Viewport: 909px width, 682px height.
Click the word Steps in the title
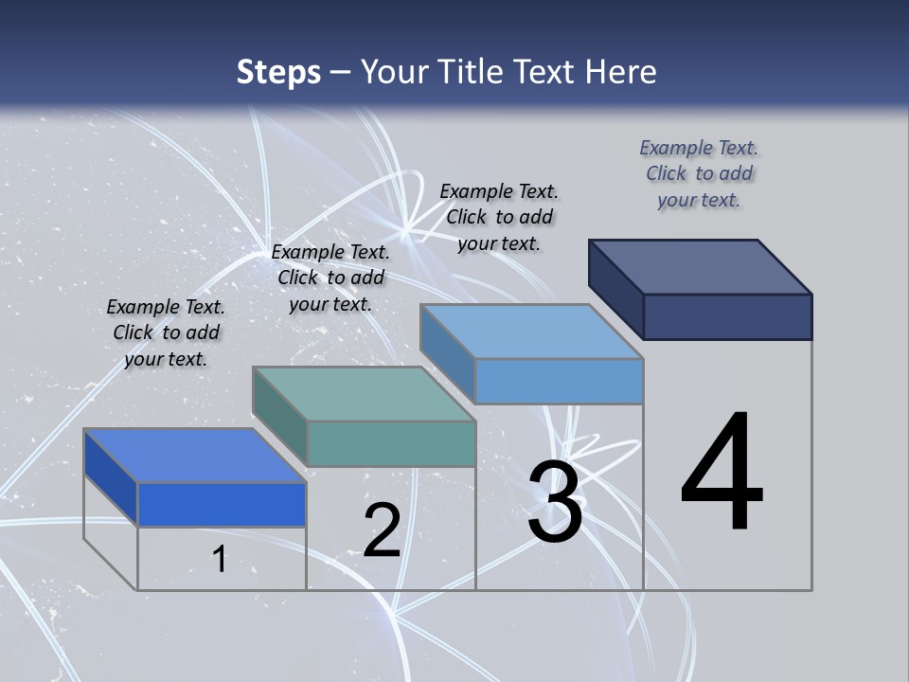pyautogui.click(x=278, y=72)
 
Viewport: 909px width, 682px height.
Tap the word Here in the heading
pyautogui.click(x=622, y=72)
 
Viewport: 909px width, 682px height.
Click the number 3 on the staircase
pyautogui.click(x=555, y=502)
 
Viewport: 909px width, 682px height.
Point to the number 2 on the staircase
pyautogui.click(x=383, y=530)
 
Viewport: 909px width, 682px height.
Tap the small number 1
pyautogui.click(x=220, y=560)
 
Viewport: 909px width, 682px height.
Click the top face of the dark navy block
pyautogui.click(x=701, y=266)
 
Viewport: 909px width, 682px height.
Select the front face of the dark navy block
pyautogui.click(x=727, y=316)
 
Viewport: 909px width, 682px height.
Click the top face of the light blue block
pyautogui.click(x=532, y=332)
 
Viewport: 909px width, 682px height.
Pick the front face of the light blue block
pyautogui.click(x=559, y=382)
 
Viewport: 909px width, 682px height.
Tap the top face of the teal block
pyautogui.click(x=364, y=394)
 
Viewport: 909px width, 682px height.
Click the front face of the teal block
pyautogui.click(x=391, y=443)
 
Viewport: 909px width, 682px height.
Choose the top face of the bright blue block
pyautogui.click(x=195, y=456)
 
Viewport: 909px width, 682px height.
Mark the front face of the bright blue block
pyautogui.click(x=222, y=504)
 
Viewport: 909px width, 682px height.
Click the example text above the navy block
pyautogui.click(x=699, y=173)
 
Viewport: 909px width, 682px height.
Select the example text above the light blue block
pyautogui.click(x=499, y=217)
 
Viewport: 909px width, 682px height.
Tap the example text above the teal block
pyautogui.click(x=330, y=278)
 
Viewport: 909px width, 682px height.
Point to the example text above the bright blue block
pyautogui.click(x=166, y=332)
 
